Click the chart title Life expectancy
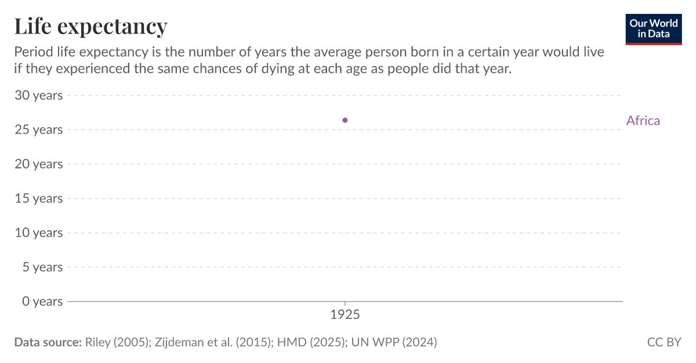point(90,26)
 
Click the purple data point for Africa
point(345,120)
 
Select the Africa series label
point(643,120)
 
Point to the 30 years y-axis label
point(38,95)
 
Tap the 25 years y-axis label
point(38,130)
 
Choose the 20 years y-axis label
point(38,164)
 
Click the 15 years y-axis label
point(38,198)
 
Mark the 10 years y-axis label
point(38,233)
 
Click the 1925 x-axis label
point(345,316)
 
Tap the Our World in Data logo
point(653,28)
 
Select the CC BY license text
point(664,342)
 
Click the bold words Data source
point(48,342)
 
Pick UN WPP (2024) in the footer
point(393,342)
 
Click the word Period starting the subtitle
point(32,52)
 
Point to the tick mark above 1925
point(345,304)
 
